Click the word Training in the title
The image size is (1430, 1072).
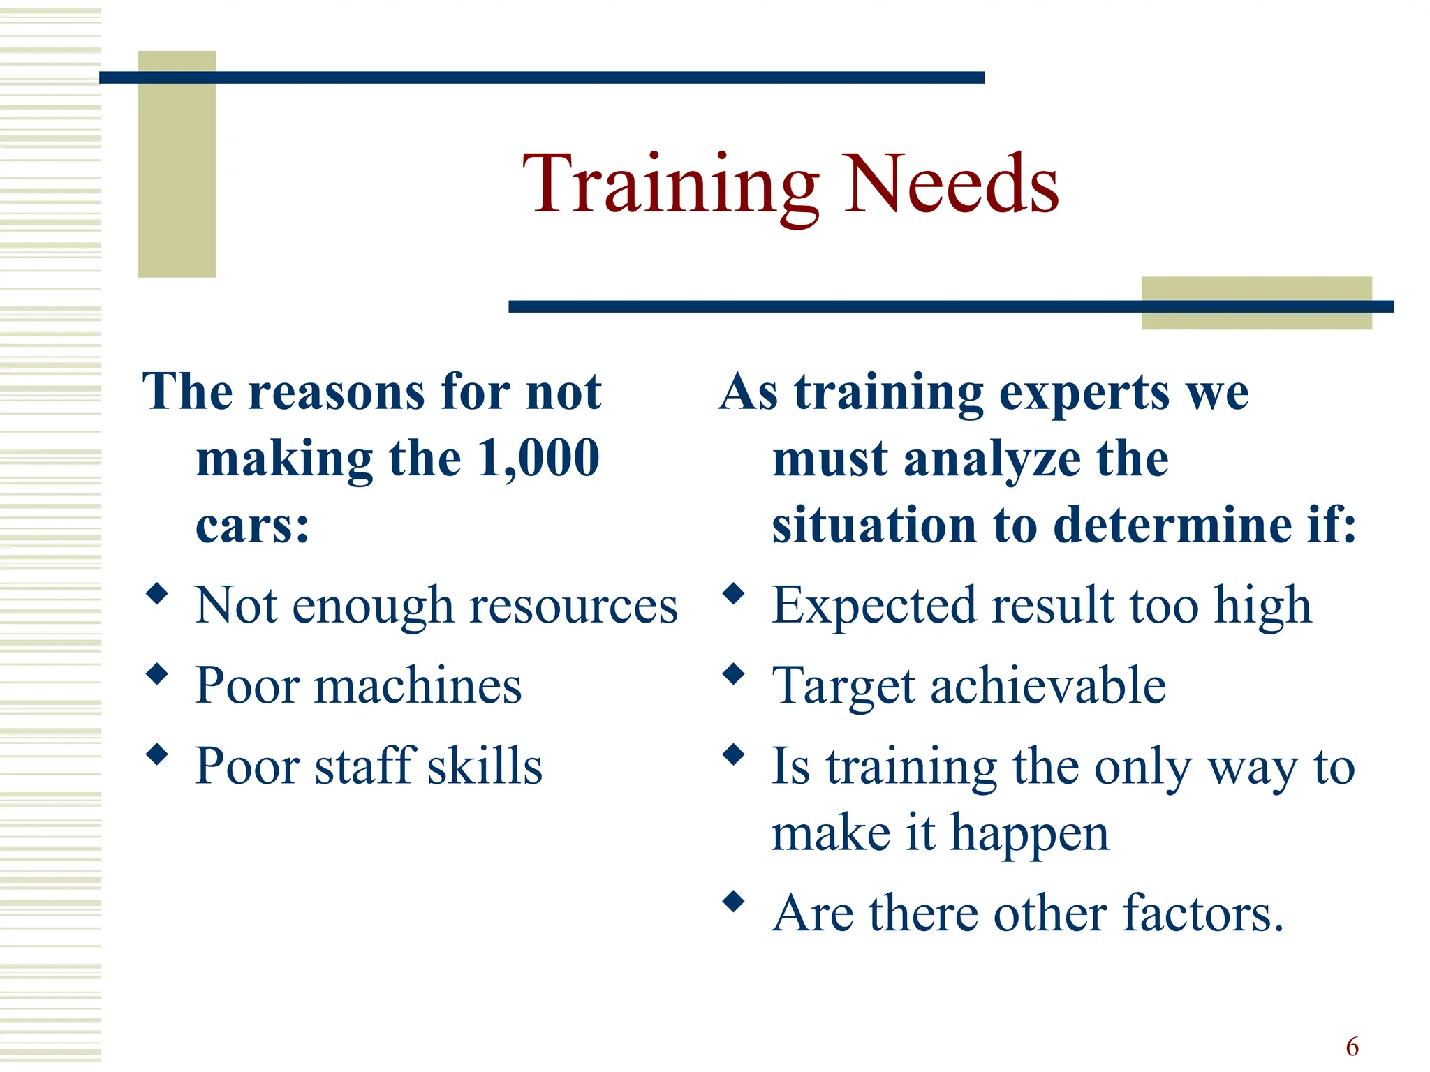pos(670,185)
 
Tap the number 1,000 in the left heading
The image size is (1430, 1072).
pos(538,459)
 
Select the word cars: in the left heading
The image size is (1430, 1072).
pos(252,525)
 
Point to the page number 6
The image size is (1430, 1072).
pos(1352,1047)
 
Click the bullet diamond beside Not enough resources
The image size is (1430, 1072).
pos(158,594)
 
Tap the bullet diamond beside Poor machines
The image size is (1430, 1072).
pos(158,674)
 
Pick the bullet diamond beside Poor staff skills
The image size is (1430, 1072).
pos(158,754)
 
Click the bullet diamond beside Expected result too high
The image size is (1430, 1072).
pos(734,594)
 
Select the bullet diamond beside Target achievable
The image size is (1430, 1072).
pos(734,674)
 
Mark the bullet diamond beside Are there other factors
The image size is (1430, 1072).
pos(734,902)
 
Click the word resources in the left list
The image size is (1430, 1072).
pos(573,606)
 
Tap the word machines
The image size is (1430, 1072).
pos(418,686)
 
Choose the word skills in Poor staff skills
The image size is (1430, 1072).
pos(485,766)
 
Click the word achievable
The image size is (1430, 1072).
pos(1048,686)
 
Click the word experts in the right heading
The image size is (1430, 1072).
pos(1084,392)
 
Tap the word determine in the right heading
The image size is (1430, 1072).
pos(1172,525)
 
